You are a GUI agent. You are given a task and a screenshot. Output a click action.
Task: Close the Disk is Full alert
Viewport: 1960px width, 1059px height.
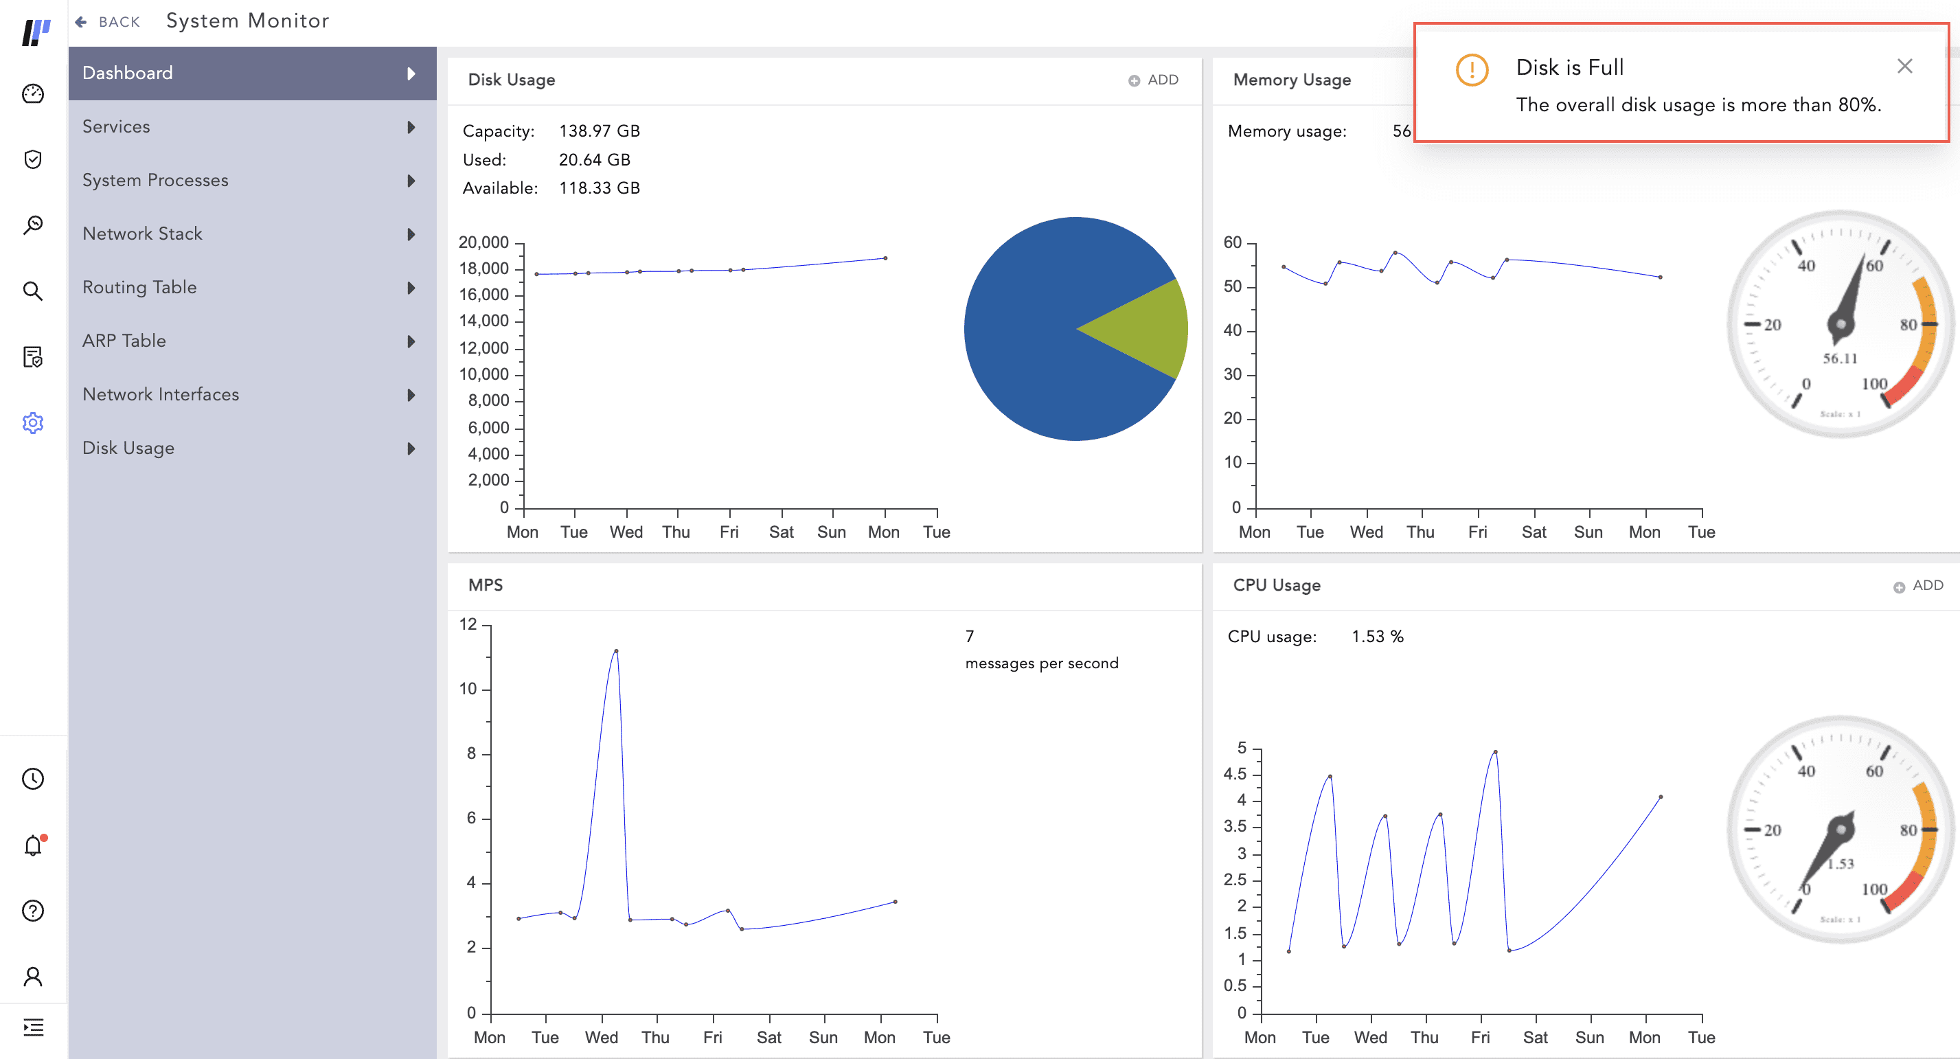pyautogui.click(x=1904, y=67)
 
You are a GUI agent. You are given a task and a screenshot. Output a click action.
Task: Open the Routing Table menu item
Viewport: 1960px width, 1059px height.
pyautogui.click(x=139, y=288)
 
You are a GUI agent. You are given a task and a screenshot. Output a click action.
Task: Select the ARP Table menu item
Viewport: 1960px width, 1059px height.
pyautogui.click(x=124, y=341)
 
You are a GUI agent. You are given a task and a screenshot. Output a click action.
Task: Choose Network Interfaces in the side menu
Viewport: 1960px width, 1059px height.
pyautogui.click(x=161, y=395)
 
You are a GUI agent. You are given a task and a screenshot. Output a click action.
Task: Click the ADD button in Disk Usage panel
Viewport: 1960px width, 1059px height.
pyautogui.click(x=1154, y=80)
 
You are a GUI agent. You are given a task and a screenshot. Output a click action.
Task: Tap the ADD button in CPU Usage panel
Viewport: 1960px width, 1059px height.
pyautogui.click(x=1918, y=586)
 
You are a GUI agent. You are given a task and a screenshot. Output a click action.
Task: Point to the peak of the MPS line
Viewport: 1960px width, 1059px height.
pyautogui.click(x=615, y=651)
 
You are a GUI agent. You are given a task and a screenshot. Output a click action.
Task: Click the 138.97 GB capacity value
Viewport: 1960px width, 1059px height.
pyautogui.click(x=599, y=131)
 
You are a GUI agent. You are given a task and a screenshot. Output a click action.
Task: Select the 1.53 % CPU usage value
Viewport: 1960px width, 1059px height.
pyautogui.click(x=1377, y=637)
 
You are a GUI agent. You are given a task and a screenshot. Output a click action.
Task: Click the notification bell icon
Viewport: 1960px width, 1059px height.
pyautogui.click(x=33, y=845)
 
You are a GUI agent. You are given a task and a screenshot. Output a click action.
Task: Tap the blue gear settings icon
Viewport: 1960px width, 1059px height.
pyautogui.click(x=33, y=423)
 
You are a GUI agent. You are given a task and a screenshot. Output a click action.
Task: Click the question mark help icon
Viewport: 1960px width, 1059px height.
pyautogui.click(x=33, y=911)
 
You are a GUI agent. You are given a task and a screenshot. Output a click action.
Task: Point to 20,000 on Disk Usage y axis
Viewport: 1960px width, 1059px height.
pyautogui.click(x=483, y=242)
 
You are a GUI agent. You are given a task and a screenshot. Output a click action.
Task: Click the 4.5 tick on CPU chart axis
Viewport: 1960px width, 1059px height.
pyautogui.click(x=1235, y=775)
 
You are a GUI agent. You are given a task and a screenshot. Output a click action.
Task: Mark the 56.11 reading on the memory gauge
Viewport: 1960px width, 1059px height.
pyautogui.click(x=1840, y=358)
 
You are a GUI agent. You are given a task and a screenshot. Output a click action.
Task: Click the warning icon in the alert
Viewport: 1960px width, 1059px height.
pyautogui.click(x=1472, y=70)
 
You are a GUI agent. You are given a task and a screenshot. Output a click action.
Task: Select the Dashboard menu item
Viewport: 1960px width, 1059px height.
pyautogui.click(x=128, y=73)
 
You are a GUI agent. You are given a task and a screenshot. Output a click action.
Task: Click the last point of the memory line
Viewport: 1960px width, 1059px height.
pyautogui.click(x=1659, y=277)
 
